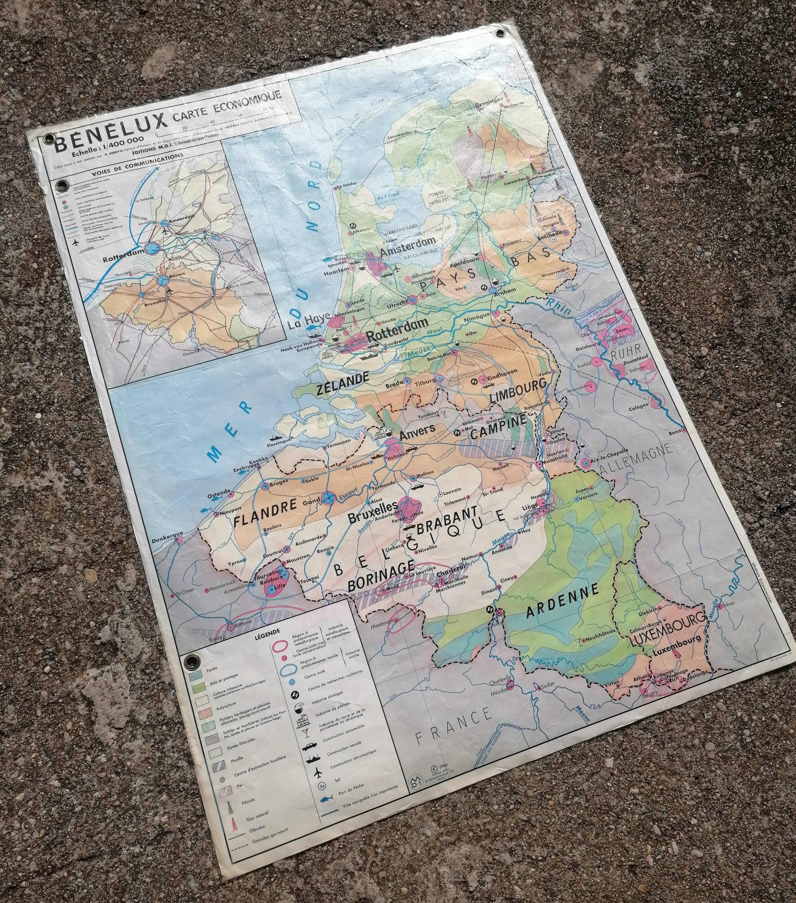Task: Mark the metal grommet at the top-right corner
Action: pos(500,33)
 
